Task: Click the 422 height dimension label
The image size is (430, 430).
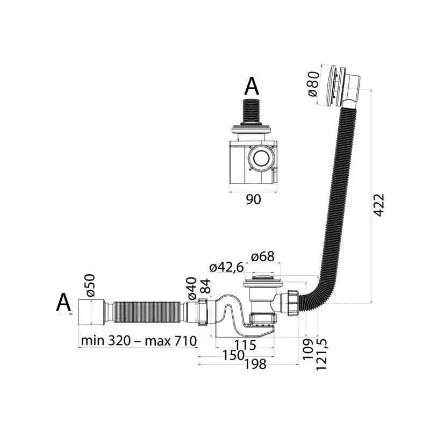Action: pos(379,205)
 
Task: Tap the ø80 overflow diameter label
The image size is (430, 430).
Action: pos(313,84)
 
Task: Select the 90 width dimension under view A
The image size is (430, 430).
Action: pos(253,199)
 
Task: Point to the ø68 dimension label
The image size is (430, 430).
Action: pos(262,256)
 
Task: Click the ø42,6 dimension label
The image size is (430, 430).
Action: pos(226,267)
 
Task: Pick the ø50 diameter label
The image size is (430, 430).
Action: pos(90,285)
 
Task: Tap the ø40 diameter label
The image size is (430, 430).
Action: pos(192,288)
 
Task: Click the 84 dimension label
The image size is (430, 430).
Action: pos(205,286)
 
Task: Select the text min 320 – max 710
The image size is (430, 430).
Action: pos(139,341)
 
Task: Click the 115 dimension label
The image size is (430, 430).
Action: pos(246,345)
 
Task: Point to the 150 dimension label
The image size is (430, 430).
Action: pos(233,355)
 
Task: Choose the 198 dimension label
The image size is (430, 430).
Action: pos(255,364)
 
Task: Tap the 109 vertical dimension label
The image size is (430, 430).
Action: pos(308,349)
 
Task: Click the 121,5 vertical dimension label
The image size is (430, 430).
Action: pos(321,354)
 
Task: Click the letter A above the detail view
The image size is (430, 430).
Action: pos(252,86)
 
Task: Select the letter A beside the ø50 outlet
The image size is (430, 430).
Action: pos(63,303)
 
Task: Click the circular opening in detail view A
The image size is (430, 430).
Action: pos(261,158)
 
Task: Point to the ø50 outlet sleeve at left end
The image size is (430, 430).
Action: pos(91,312)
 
